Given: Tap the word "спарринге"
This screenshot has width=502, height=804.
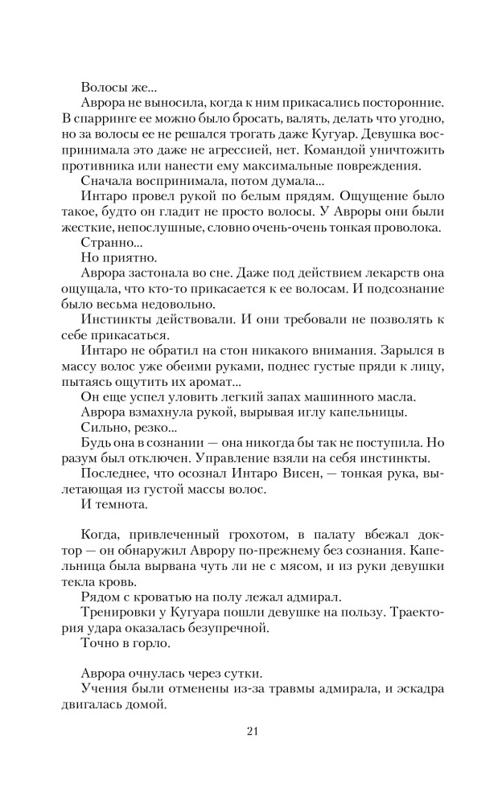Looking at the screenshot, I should coord(101,117).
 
